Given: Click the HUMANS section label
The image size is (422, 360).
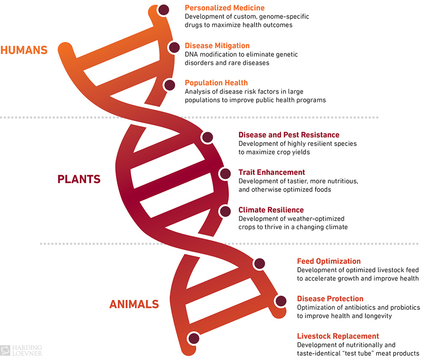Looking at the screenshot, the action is point(24,50).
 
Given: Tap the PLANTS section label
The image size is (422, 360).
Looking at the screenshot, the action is point(79,179).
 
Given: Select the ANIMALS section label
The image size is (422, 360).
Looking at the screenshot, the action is point(134,304).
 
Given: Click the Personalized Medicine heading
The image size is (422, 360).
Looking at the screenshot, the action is point(225,8).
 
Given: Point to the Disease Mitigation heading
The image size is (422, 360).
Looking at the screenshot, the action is point(217,46).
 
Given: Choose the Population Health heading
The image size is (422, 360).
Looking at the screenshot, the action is point(216,83).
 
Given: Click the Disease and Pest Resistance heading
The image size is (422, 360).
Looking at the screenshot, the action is point(289,135).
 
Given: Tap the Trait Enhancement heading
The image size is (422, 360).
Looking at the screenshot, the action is point(272,172).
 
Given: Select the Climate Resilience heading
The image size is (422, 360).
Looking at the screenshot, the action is point(271,210).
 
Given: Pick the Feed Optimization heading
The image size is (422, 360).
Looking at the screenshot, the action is point(329,261).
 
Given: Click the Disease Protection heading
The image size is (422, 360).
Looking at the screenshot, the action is point(330,299).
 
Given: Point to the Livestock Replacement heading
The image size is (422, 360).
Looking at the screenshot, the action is point(338,336).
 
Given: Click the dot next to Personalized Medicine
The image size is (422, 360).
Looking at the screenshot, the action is point(164,10).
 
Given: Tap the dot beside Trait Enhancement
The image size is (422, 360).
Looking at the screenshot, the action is point(225,174).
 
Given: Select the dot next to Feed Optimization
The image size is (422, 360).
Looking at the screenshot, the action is point(260,264).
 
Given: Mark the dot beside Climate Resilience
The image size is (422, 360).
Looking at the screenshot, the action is point(225,211).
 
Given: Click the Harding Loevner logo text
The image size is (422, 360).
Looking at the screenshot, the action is point(27,350).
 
